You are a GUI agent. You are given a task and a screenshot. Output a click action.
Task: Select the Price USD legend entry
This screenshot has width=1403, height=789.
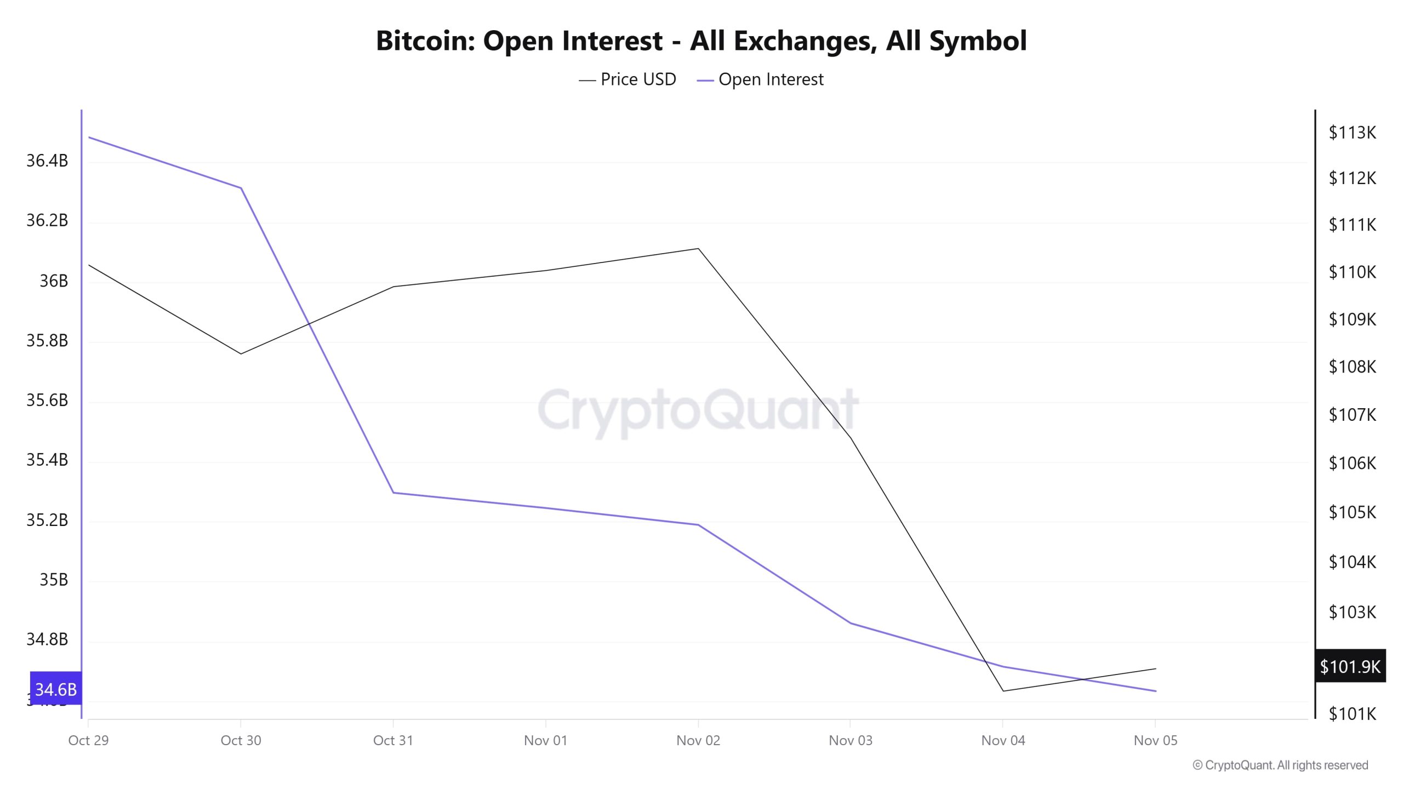coord(628,79)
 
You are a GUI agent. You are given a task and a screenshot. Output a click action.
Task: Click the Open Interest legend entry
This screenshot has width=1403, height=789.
coord(760,79)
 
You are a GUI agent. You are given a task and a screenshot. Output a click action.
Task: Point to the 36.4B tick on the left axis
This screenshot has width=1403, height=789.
coord(47,161)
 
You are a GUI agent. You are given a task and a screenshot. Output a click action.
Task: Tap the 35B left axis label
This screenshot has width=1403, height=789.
coord(53,579)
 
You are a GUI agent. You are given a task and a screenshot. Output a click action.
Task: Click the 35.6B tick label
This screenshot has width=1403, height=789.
coord(47,400)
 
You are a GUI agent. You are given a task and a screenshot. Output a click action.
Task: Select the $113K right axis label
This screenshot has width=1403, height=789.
coord(1352,132)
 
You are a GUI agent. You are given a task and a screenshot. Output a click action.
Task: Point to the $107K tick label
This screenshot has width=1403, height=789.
coord(1352,415)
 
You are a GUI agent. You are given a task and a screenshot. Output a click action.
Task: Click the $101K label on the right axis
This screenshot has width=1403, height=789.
coord(1352,713)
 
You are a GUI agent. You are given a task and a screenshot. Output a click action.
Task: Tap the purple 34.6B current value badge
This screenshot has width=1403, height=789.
coord(55,689)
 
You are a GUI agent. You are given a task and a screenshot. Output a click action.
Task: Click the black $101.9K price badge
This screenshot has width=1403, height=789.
coord(1350,666)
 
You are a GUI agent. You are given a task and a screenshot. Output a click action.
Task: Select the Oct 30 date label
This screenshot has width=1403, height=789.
coord(241,740)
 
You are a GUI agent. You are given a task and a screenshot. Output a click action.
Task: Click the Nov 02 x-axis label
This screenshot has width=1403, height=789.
coord(698,740)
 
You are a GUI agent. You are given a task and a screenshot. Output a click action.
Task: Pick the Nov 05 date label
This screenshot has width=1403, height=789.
coord(1155,740)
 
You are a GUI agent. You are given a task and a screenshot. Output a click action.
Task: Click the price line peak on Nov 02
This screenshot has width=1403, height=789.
coord(698,249)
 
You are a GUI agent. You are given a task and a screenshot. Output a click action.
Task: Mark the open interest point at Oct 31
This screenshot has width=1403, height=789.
coord(393,493)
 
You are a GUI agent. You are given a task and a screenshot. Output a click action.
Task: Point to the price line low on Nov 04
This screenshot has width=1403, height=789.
coord(1003,691)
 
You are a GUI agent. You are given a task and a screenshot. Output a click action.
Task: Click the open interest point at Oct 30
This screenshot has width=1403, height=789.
coord(241,188)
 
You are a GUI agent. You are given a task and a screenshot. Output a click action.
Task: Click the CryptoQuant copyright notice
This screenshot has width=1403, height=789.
coord(1280,765)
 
